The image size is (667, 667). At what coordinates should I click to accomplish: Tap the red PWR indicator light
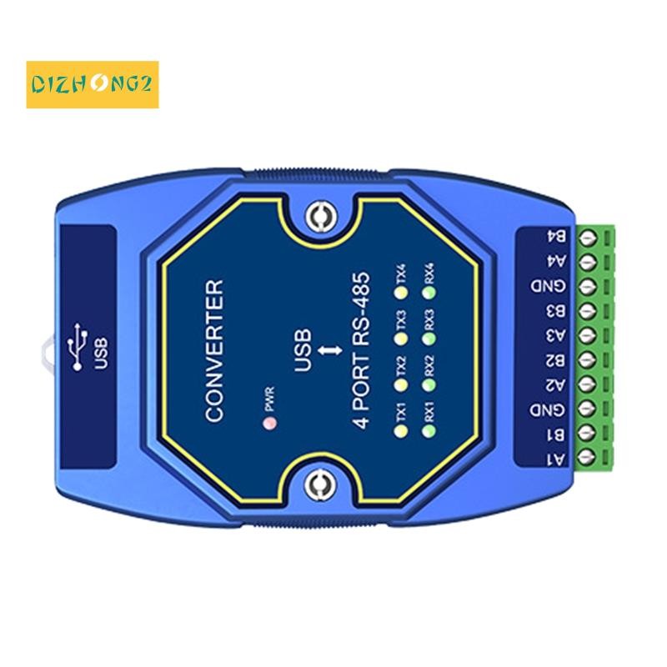tap(268, 424)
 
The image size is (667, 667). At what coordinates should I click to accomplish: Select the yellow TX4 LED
tap(401, 293)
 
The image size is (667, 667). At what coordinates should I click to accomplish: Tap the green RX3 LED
tap(429, 339)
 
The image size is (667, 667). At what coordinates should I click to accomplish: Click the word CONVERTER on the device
tap(215, 351)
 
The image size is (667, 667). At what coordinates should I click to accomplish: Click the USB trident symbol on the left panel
tap(78, 347)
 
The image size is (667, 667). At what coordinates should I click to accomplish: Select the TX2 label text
tap(401, 365)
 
